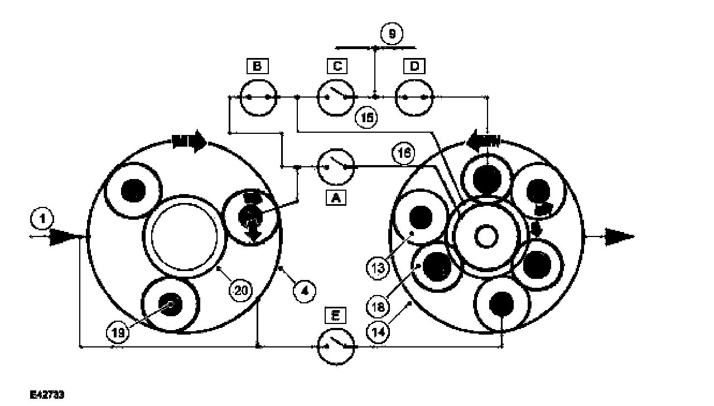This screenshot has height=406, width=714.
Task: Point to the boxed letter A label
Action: pos(336,197)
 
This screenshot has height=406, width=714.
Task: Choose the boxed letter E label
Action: pos(336,316)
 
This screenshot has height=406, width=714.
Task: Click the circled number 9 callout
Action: pos(392,35)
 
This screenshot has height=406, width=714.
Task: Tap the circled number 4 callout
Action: pos(305,290)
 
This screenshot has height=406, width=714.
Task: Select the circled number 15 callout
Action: pos(366,118)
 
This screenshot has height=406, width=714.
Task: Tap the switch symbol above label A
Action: pos(336,166)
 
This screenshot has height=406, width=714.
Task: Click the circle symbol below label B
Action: pos(258,98)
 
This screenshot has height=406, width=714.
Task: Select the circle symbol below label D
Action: pos(414,98)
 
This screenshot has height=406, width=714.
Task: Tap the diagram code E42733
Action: pos(47,395)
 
